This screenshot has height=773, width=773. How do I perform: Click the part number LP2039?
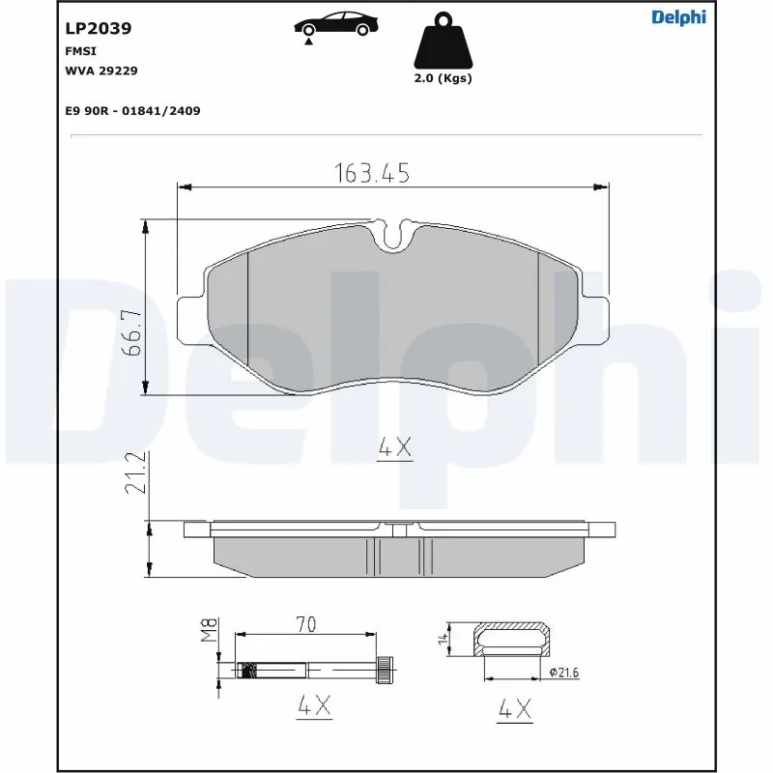[x=99, y=28]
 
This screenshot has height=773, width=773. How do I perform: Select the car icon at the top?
[x=335, y=25]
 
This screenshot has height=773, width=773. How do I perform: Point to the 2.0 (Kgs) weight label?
[x=444, y=78]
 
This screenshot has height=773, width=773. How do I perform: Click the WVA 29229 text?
[x=101, y=71]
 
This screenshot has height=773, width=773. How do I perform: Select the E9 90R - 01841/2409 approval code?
[x=132, y=111]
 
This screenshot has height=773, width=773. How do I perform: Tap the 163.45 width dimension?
[x=372, y=173]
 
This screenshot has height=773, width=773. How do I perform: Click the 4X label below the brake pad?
[x=393, y=447]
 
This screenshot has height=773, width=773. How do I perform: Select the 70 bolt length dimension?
[x=305, y=624]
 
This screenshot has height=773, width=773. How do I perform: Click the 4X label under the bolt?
[x=314, y=707]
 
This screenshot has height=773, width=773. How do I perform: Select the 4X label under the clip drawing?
[x=513, y=710]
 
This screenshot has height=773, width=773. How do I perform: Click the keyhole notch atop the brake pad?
[x=392, y=235]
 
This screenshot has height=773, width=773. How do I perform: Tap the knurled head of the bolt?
[x=385, y=668]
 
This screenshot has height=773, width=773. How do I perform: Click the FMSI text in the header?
[x=79, y=49]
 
